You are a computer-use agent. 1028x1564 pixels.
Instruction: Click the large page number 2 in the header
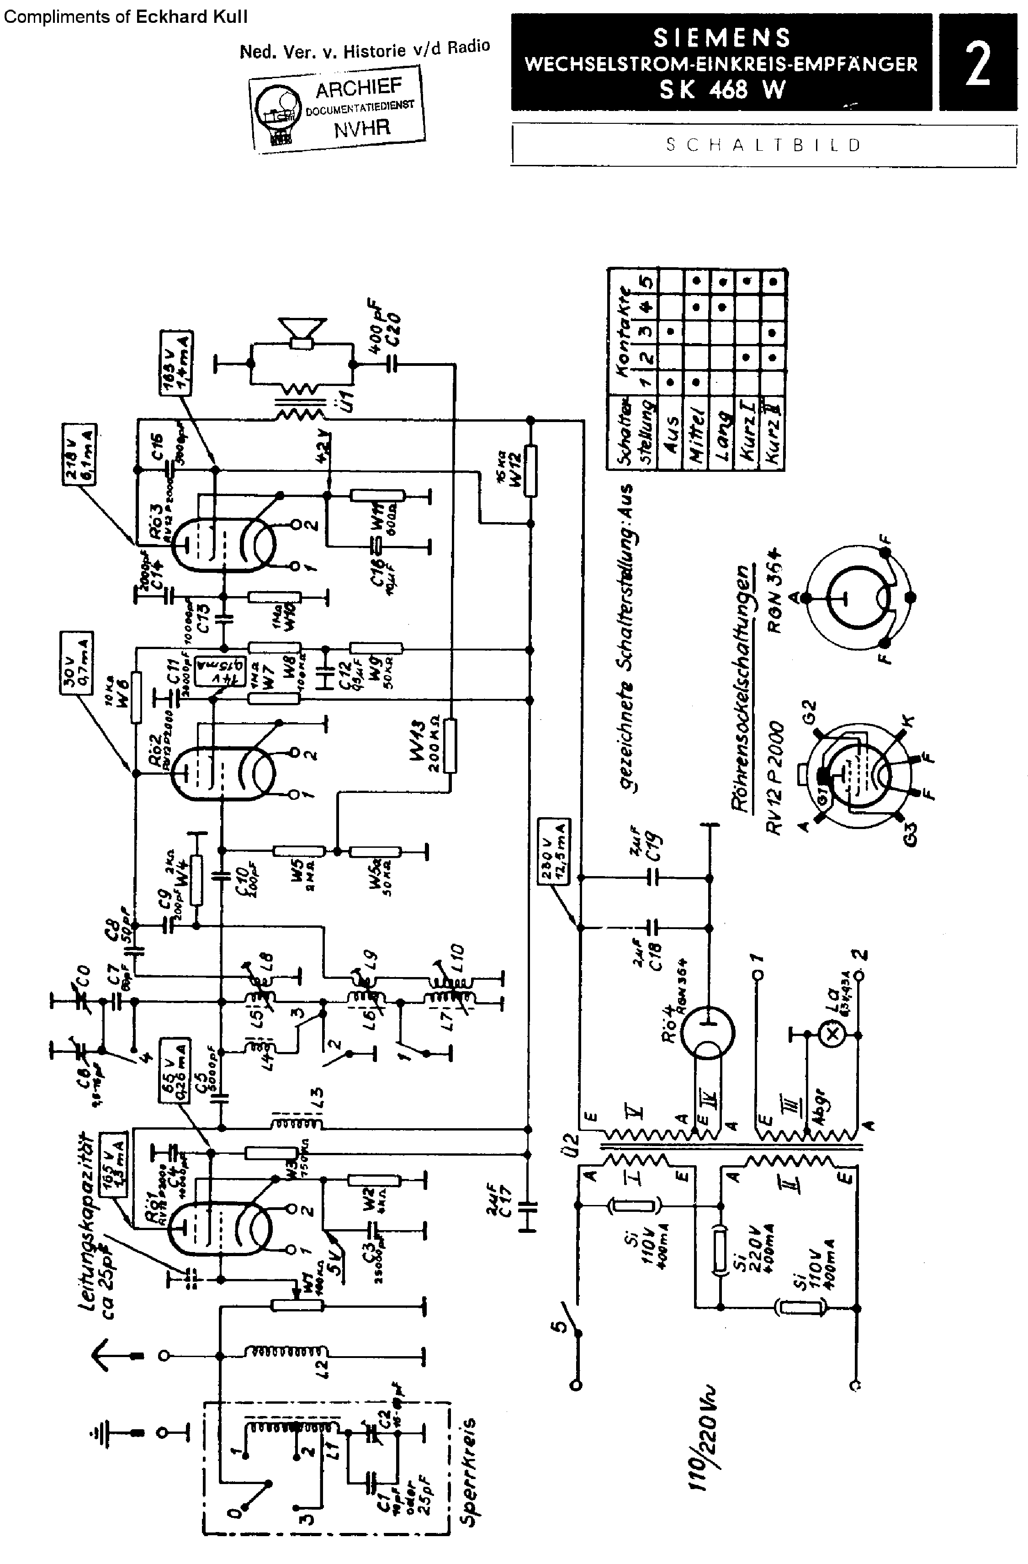click(x=977, y=64)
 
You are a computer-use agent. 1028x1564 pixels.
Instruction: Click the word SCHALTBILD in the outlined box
click(x=763, y=145)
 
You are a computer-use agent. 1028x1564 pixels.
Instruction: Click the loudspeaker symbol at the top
click(x=302, y=332)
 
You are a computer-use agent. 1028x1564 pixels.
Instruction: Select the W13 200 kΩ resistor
click(x=450, y=746)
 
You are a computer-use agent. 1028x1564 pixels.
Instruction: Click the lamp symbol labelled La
click(x=833, y=1034)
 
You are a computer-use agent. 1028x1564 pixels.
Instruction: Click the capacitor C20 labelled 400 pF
click(x=392, y=364)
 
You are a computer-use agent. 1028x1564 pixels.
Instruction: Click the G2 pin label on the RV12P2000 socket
click(x=810, y=712)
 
